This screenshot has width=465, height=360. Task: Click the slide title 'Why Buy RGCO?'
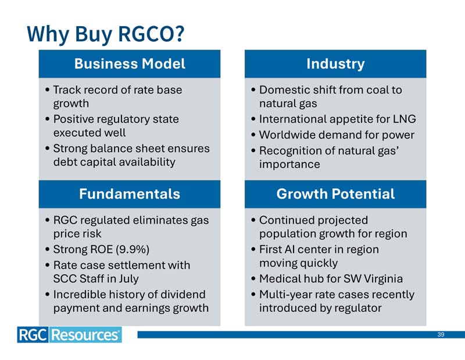tap(106, 34)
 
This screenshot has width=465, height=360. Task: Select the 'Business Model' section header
tap(130, 64)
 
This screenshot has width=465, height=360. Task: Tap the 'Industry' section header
tap(335, 64)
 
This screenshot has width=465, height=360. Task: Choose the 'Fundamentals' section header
tap(130, 194)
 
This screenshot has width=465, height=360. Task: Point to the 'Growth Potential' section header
tap(335, 194)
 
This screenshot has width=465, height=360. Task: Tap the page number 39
tap(441, 334)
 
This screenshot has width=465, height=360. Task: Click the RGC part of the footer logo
tap(33, 335)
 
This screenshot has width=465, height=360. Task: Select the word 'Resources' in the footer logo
tap(85, 335)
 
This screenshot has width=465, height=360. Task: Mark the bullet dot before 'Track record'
tap(48, 89)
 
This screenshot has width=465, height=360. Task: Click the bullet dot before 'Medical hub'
tap(253, 279)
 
